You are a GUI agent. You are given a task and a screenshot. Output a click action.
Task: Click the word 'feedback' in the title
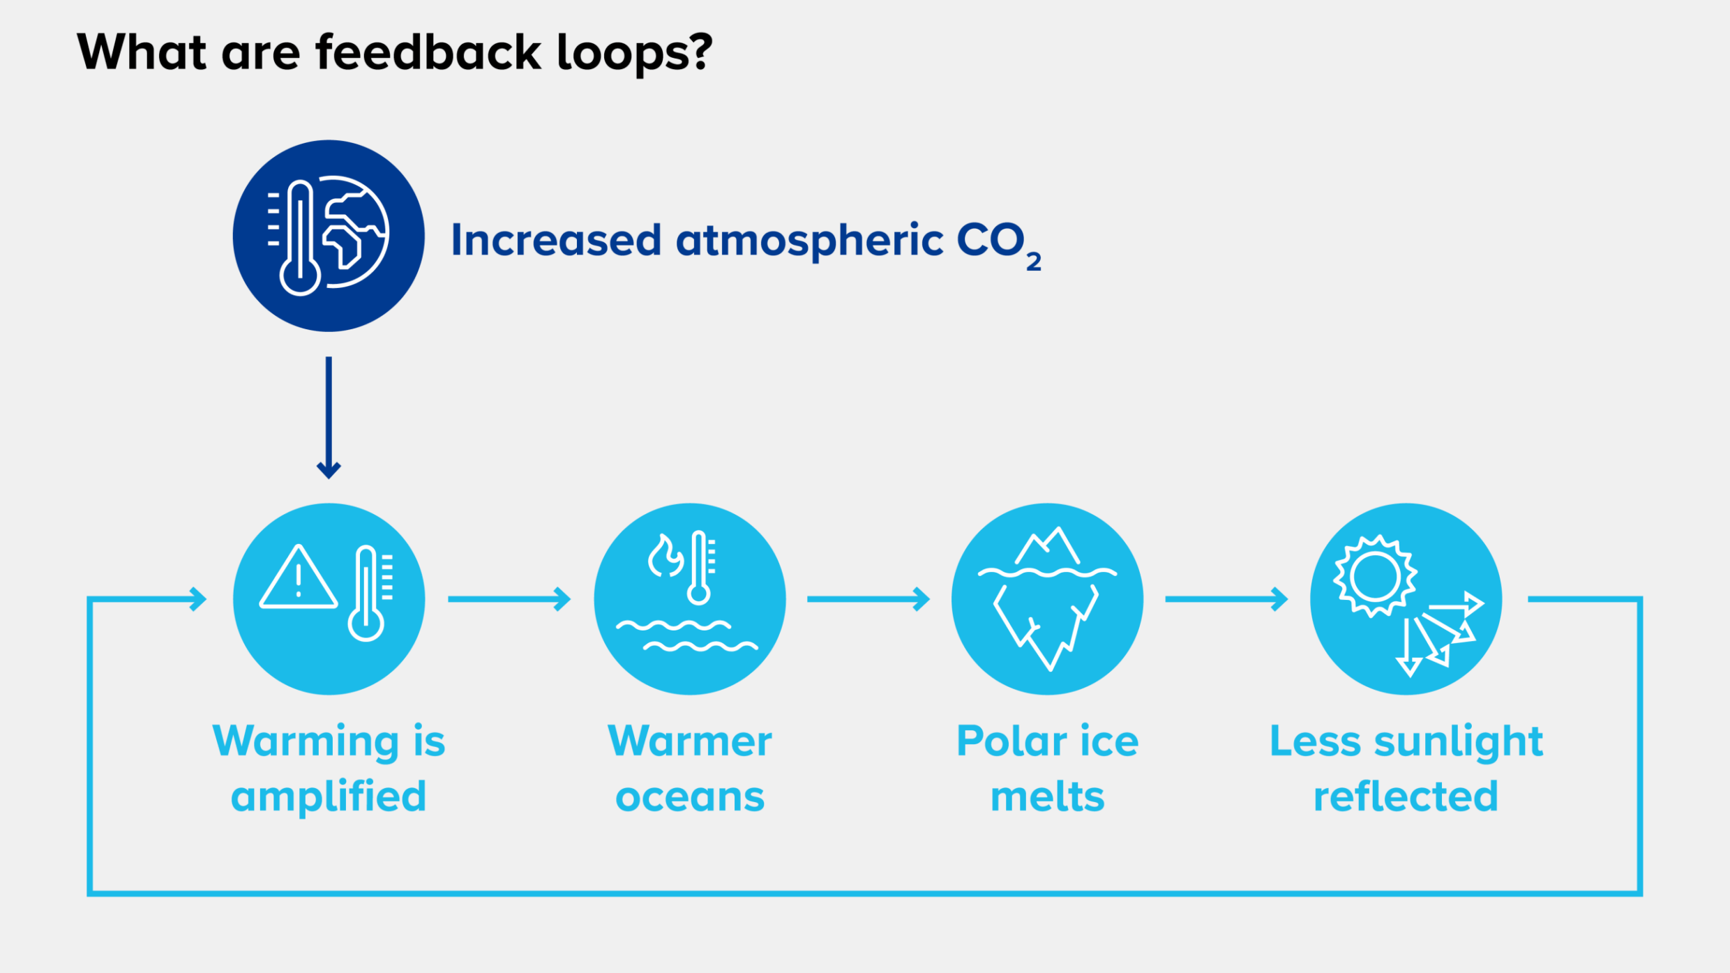[428, 52]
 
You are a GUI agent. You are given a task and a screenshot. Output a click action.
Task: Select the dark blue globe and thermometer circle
[329, 236]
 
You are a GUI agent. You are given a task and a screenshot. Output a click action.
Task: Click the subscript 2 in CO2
[1033, 262]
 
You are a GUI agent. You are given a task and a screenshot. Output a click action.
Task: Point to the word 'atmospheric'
[809, 241]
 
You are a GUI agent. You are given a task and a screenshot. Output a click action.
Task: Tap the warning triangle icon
[299, 579]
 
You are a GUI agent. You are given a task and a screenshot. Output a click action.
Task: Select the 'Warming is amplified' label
[329, 768]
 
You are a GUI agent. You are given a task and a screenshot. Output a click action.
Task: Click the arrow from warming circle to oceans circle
[509, 599]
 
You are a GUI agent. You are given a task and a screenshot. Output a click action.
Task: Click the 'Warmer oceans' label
[690, 768]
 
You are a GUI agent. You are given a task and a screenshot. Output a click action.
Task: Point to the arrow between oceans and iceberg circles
[868, 599]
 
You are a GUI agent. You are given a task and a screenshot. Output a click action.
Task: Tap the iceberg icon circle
[1047, 599]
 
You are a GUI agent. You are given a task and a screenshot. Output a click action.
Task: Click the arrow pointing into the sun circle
[1226, 599]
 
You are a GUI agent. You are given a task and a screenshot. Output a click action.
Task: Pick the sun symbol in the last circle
[1374, 577]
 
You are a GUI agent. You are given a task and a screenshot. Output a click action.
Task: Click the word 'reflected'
[1406, 797]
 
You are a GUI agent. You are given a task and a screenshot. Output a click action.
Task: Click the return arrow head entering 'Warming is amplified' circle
[198, 599]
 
